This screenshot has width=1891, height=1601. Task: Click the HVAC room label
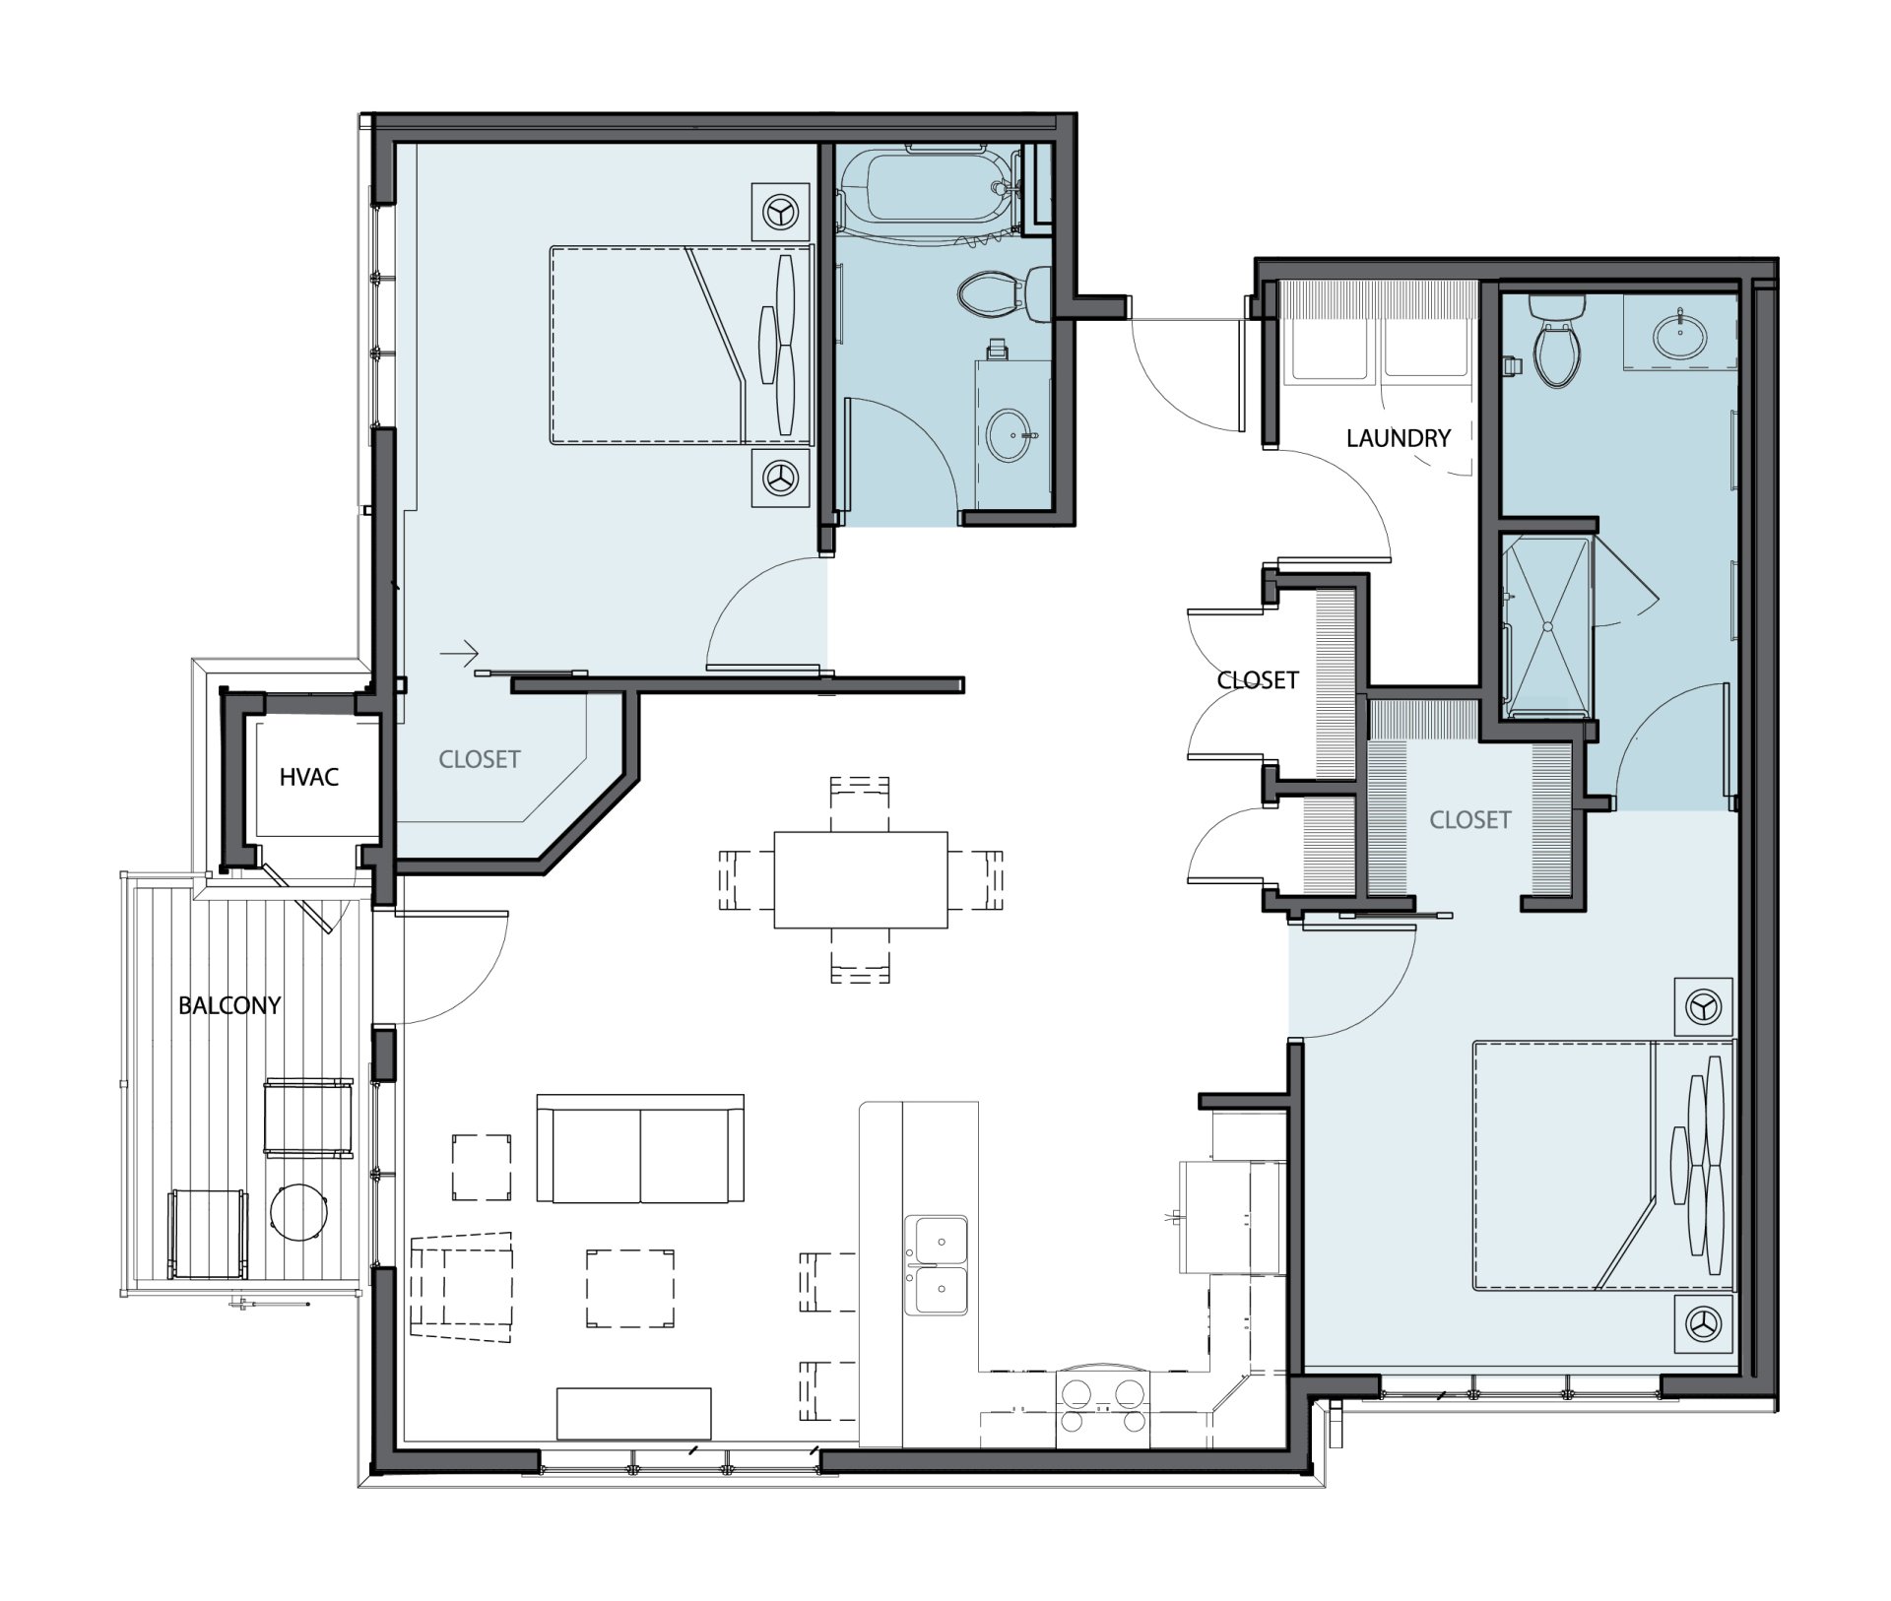[308, 777]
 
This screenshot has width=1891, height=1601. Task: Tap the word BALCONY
[229, 1005]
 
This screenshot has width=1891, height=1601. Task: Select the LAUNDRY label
[1399, 438]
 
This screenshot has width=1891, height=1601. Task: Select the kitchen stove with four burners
[1102, 1406]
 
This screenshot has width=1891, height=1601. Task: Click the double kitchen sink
[937, 1264]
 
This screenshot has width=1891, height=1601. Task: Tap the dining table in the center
[861, 880]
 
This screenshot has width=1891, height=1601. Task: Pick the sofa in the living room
[640, 1147]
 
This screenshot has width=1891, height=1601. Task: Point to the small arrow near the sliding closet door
[459, 652]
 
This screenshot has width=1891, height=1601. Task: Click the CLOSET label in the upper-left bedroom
[480, 759]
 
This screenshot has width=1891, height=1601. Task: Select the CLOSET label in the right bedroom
[1470, 820]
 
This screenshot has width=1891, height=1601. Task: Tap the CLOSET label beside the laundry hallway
[1258, 680]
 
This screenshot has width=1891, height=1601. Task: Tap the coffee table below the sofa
[630, 1289]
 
